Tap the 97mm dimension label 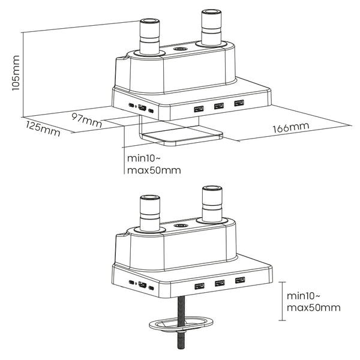(84, 118)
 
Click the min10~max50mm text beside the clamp (154, 164)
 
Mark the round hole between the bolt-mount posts (178, 226)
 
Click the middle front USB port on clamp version (218, 106)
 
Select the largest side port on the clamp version (142, 107)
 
